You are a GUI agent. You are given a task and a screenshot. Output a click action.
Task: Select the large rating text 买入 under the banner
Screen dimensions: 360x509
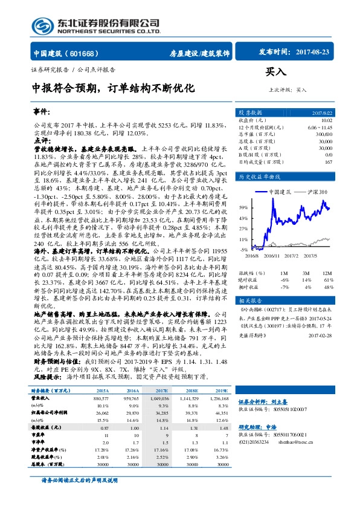pos(276,72)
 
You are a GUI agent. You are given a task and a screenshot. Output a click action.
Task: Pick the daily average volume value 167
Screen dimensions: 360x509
pos(329,161)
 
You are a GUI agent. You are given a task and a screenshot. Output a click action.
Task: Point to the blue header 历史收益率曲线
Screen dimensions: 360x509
pos(261,177)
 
